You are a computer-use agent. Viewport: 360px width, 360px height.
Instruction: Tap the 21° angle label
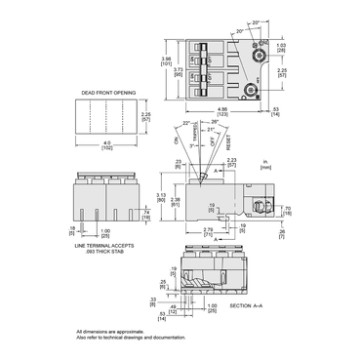coord(211,129)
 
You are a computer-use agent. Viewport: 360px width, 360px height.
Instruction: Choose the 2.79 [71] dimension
coord(208,232)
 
